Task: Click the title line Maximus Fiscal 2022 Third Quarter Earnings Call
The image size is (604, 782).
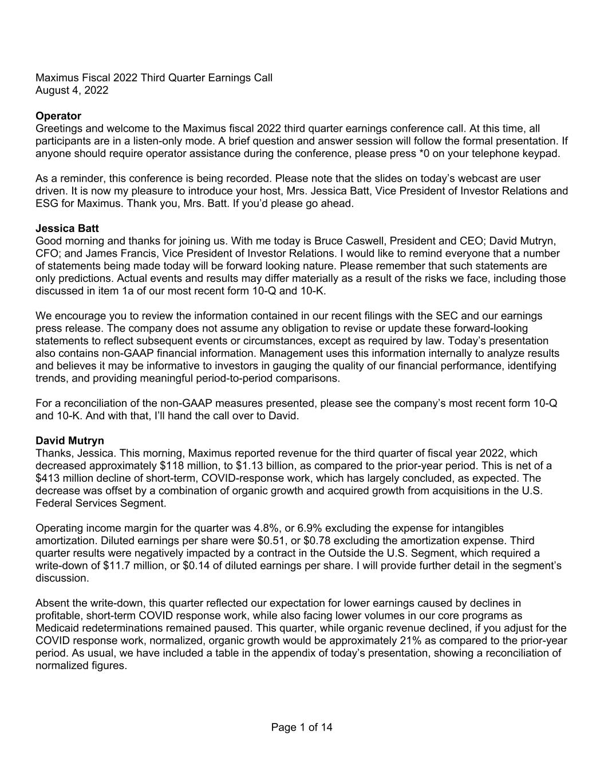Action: coord(153,78)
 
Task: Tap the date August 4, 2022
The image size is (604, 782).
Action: coord(72,91)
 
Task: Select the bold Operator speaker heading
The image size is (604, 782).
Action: coord(58,116)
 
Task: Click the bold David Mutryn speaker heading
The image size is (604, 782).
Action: coord(70,441)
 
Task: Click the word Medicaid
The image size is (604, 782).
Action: coord(56,628)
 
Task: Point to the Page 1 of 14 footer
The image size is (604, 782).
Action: coord(302,728)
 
